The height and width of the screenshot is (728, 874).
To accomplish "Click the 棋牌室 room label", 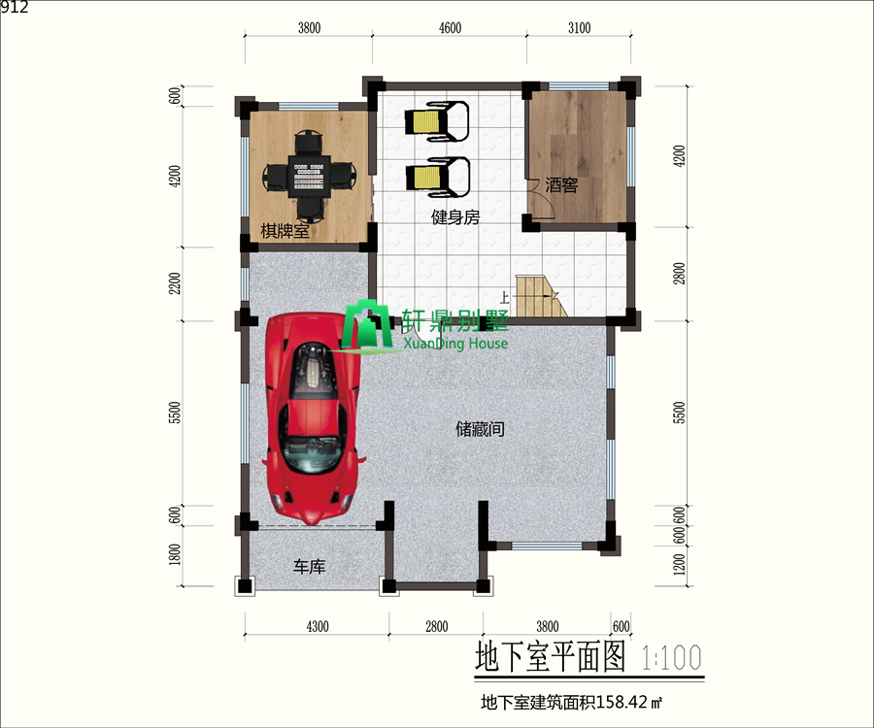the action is (x=285, y=231).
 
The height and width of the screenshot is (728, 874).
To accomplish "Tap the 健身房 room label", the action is (x=455, y=217).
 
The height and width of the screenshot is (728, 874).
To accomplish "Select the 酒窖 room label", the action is (x=561, y=185).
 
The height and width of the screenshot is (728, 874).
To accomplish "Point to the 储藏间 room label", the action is (x=480, y=429).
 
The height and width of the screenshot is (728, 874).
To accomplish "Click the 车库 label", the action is (x=310, y=567).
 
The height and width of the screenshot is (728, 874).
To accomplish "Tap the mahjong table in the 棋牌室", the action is (x=309, y=175).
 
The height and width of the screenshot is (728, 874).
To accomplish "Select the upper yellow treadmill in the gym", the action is (x=436, y=121).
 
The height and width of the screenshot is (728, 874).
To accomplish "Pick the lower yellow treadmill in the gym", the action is (x=438, y=177).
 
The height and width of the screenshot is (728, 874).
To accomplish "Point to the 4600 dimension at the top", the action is (x=450, y=28).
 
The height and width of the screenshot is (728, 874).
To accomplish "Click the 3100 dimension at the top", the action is (x=579, y=28).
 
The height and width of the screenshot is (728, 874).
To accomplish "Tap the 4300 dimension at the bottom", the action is (x=318, y=627).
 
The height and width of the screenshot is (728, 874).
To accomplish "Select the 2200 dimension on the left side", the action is (x=175, y=283).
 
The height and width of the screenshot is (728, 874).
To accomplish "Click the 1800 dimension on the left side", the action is (x=175, y=555).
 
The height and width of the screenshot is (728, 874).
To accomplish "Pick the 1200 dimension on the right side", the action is (x=680, y=565).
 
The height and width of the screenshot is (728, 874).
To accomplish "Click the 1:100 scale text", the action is (x=671, y=658).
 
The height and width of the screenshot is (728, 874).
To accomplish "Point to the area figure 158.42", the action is (x=622, y=702).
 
